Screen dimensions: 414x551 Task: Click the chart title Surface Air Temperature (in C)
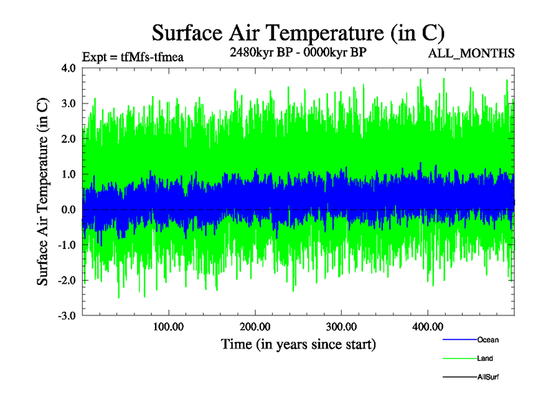pos(298,32)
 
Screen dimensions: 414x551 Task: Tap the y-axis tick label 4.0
pos(68,68)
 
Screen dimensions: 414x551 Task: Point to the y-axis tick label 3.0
pos(68,103)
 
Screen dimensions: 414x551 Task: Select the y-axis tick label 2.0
pos(68,139)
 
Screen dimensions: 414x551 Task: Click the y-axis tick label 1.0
pos(68,175)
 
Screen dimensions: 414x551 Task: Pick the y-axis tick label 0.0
pos(68,210)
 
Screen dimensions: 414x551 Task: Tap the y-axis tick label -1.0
pos(67,245)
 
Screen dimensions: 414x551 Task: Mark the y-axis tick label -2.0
pos(67,281)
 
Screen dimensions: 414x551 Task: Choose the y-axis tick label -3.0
pos(67,316)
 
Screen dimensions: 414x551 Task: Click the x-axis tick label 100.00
pos(168,326)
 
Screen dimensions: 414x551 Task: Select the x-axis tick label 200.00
pos(255,326)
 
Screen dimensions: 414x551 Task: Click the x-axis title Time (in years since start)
pos(298,343)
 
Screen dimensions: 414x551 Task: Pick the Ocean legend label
pos(488,339)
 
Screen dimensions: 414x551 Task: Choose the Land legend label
pos(485,358)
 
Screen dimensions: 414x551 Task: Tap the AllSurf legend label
pos(488,377)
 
